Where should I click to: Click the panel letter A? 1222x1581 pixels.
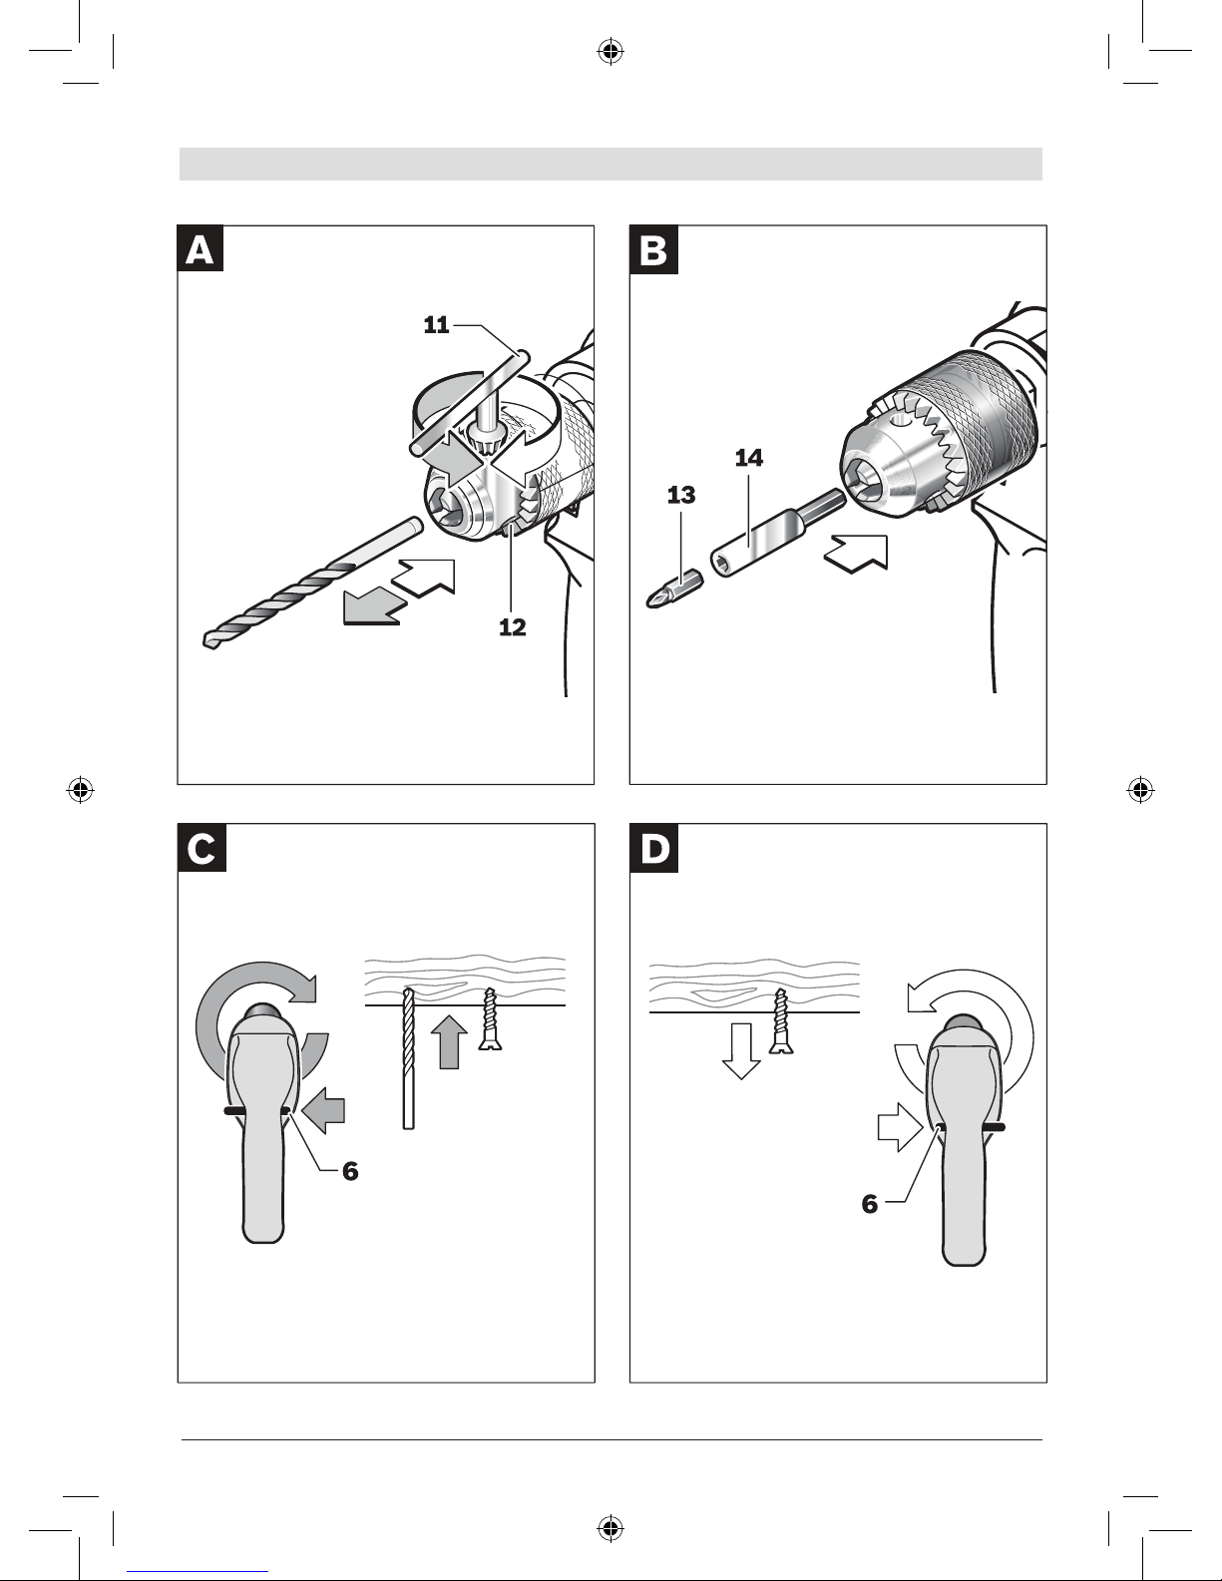tap(200, 250)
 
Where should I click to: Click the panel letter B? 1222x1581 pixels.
tap(652, 250)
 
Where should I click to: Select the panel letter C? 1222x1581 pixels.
tap(200, 849)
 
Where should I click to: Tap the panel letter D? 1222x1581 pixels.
tap(653, 849)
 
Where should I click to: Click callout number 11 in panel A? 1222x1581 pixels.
tap(436, 325)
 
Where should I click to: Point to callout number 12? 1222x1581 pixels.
tap(512, 627)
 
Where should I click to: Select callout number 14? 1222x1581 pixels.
tap(748, 458)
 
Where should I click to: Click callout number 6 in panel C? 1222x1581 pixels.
tap(349, 1171)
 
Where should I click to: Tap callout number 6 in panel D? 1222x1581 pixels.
tap(870, 1204)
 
